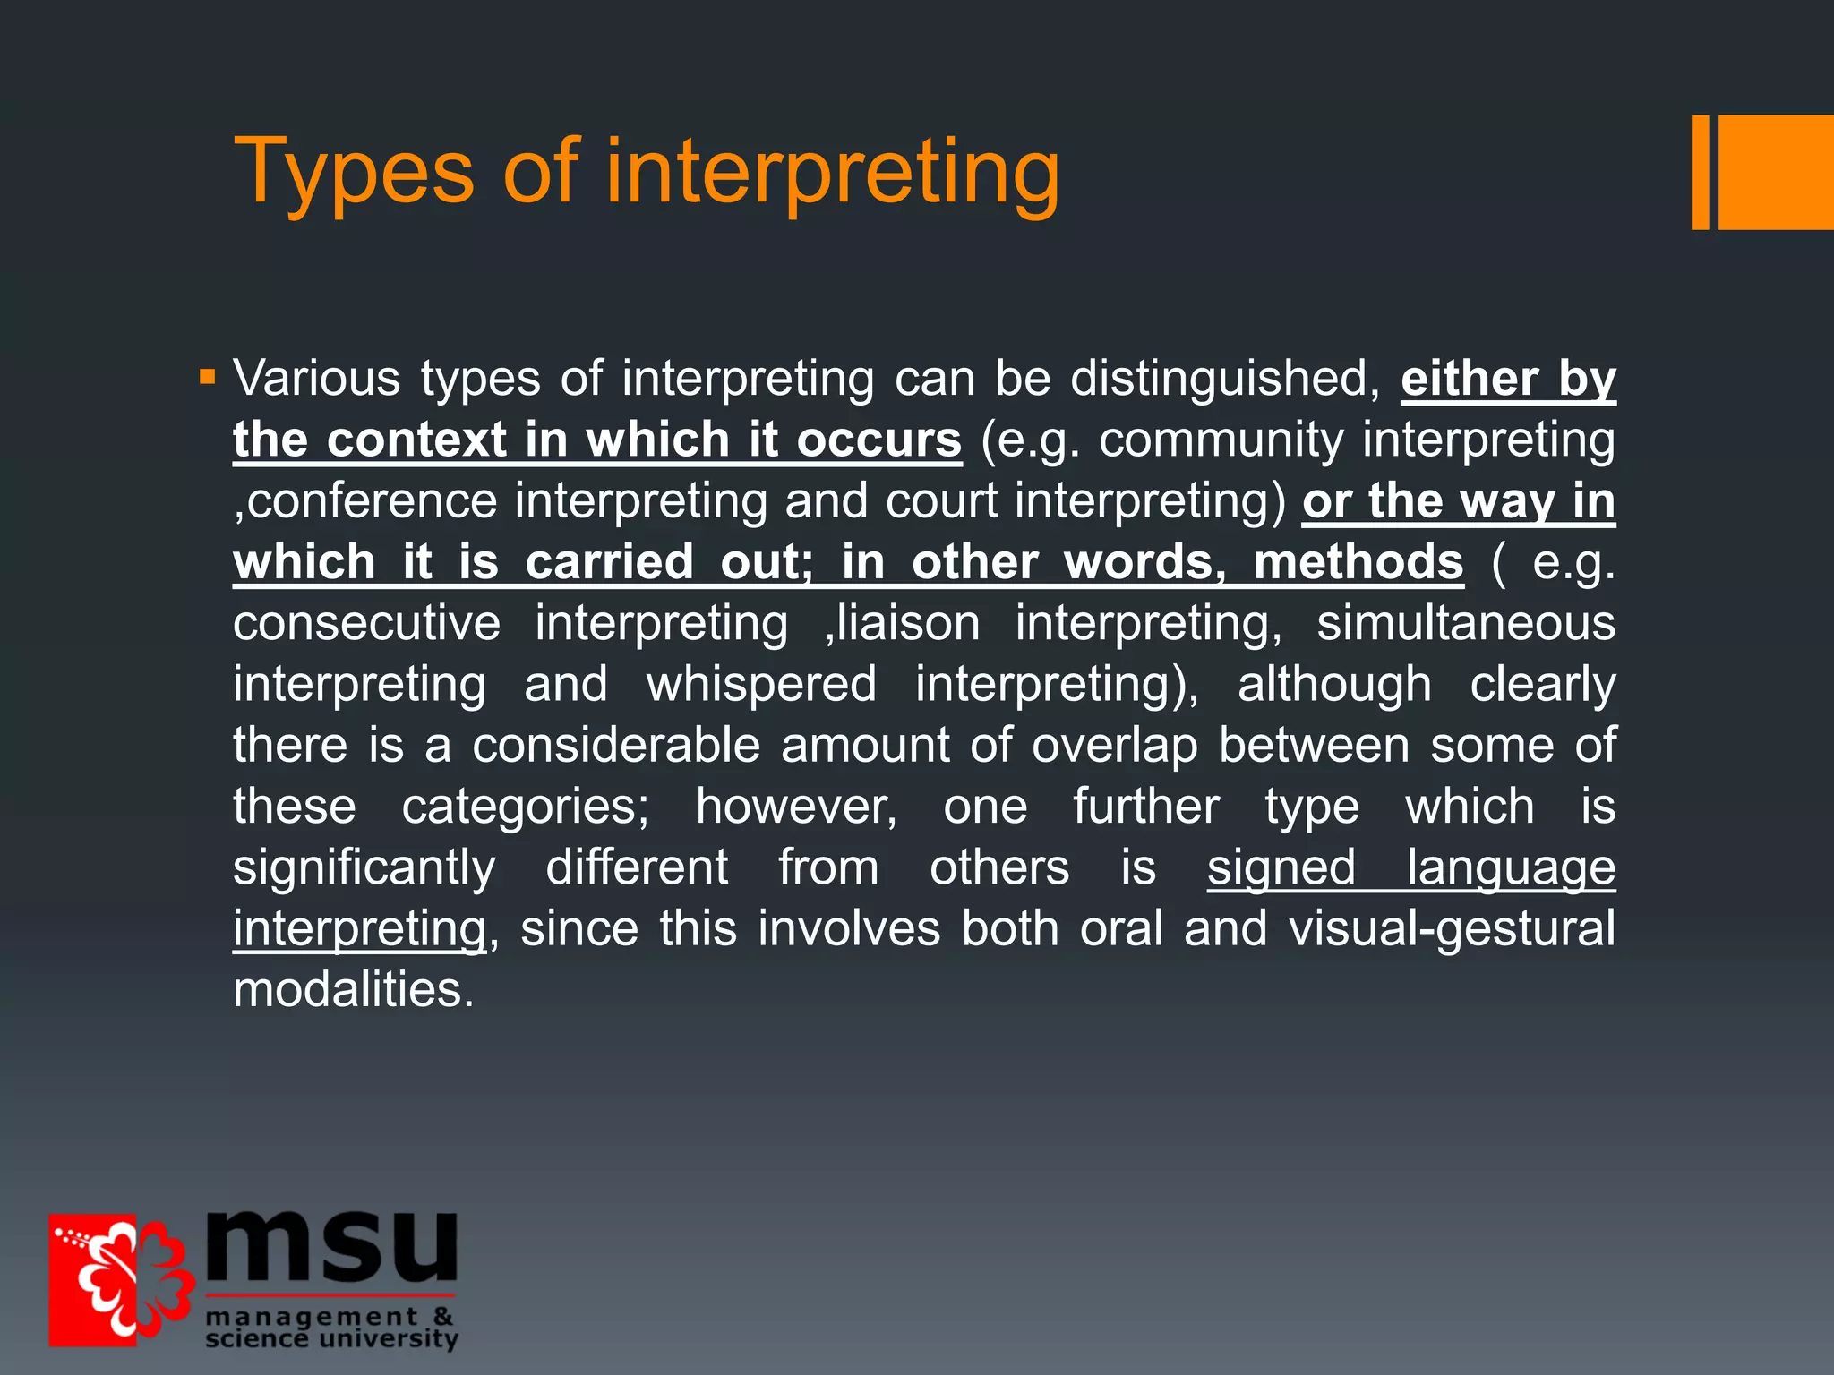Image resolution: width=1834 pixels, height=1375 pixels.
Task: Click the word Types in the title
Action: coord(354,172)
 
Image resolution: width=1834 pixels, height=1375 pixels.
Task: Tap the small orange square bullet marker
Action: coord(208,376)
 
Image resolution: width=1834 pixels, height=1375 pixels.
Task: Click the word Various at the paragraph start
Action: coord(316,379)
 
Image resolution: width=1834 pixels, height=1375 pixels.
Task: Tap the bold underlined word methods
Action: coord(1358,561)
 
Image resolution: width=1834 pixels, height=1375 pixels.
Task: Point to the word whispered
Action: coord(761,684)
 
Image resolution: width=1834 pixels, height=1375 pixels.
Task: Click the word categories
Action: coord(525,807)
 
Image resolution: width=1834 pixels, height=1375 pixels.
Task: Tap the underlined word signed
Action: coord(1281,867)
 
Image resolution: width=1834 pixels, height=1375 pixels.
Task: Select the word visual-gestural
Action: coord(1452,928)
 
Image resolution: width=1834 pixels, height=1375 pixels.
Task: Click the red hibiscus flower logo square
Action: coord(116,1279)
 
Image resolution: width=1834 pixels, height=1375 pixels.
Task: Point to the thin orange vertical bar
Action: coord(1700,172)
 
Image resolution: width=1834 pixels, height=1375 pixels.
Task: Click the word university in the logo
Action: coord(389,1338)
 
